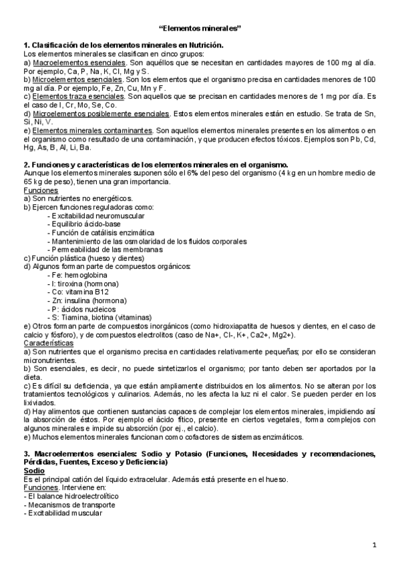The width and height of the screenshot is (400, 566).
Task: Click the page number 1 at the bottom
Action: pos(375,545)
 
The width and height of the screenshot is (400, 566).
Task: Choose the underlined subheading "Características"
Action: pos(49,342)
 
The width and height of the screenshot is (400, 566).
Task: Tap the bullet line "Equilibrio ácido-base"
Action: pos(88,224)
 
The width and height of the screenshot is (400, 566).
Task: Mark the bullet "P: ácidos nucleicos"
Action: pos(84,310)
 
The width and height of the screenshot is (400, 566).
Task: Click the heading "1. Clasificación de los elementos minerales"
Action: pos(123,45)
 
